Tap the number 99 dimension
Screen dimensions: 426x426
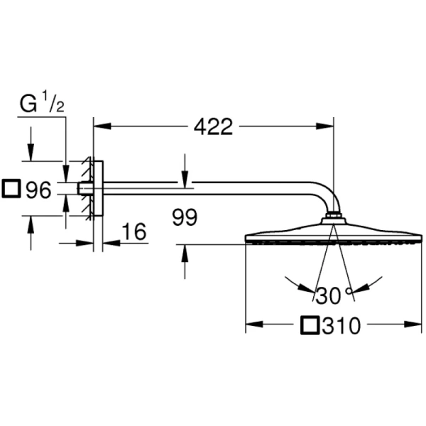185,218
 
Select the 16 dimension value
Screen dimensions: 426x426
133,231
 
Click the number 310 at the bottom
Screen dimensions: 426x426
342,327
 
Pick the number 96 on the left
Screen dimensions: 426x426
38,190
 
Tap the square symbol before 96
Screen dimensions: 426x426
12,190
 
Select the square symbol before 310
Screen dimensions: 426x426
310,327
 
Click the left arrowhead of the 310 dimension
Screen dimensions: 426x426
252,327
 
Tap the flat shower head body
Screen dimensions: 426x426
334,234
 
